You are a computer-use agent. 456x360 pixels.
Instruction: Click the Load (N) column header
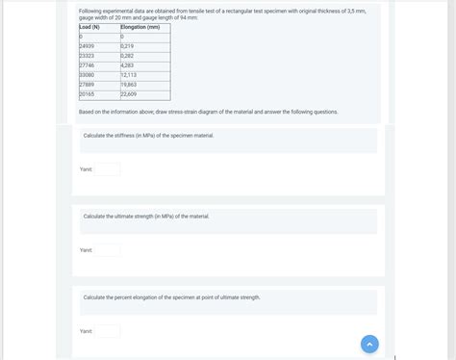point(89,27)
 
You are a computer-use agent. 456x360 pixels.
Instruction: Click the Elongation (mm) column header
point(140,27)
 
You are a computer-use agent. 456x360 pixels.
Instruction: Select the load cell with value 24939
point(87,46)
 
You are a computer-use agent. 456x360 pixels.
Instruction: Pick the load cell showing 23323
point(87,56)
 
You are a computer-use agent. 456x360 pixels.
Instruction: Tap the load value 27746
point(87,65)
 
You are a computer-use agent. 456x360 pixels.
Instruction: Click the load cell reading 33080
point(87,75)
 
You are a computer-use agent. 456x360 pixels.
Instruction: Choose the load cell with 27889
point(87,85)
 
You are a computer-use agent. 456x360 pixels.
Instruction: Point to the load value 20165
point(87,94)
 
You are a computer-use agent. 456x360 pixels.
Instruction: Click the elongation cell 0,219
point(128,46)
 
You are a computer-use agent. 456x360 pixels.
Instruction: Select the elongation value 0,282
point(128,56)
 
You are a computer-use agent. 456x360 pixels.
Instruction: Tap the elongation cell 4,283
point(128,65)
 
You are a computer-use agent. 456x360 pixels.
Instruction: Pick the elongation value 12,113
point(129,75)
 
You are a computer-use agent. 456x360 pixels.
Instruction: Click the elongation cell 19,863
point(129,85)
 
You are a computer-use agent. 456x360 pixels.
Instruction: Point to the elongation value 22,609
point(129,94)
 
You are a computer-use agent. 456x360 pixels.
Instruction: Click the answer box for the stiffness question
point(108,169)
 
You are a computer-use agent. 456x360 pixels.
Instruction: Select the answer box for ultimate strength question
point(108,250)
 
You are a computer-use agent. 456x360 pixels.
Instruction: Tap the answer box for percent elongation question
point(108,331)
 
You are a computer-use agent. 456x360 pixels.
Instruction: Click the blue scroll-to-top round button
point(369,344)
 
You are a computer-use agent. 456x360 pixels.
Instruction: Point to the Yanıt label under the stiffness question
point(86,169)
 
